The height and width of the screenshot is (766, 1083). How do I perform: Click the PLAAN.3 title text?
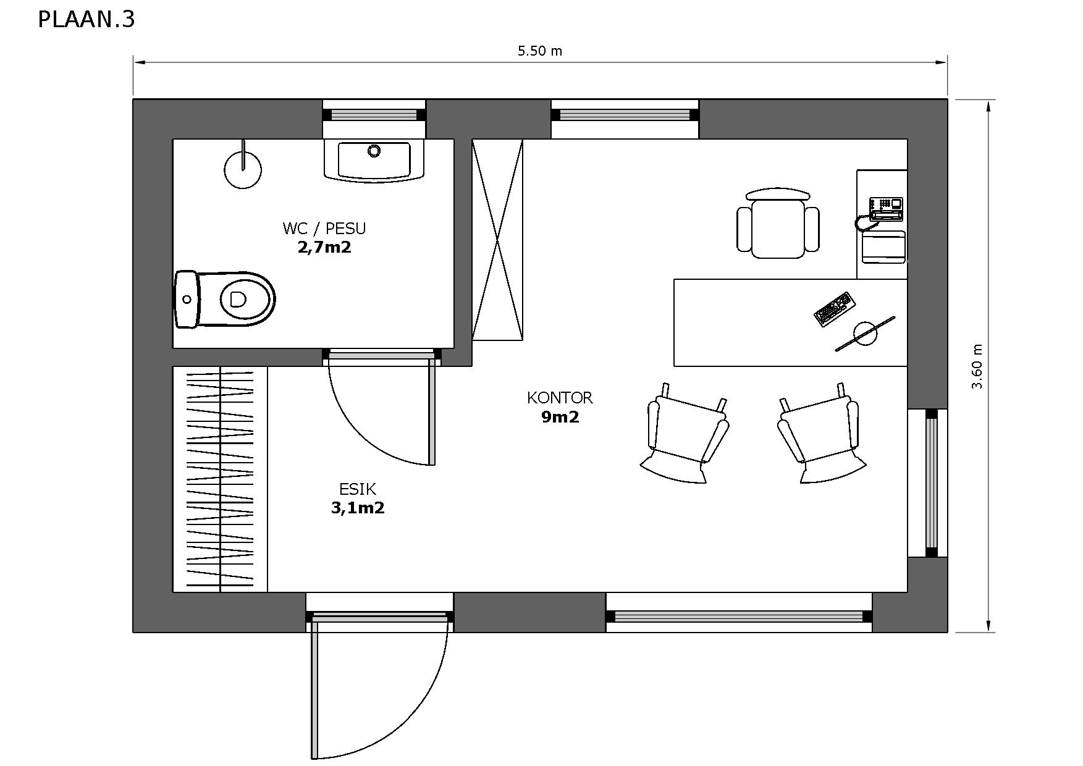point(86,20)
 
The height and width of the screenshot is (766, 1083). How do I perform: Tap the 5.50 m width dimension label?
point(540,51)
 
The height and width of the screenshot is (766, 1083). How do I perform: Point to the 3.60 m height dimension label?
point(977,366)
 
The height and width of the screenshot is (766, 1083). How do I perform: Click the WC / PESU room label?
point(324,229)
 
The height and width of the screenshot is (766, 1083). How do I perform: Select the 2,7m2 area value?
point(324,248)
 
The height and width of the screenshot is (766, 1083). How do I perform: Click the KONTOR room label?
point(560,398)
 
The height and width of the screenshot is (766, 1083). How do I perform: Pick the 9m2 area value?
point(560,417)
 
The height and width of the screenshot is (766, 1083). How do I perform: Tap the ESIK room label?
point(358,489)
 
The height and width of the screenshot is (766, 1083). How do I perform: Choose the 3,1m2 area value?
point(358,508)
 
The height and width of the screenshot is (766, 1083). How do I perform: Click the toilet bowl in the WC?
point(225,299)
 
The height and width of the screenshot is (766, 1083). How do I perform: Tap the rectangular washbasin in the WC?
point(374,160)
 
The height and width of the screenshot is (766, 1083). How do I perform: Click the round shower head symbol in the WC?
point(243,169)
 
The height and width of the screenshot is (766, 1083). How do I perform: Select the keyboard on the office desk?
point(835,309)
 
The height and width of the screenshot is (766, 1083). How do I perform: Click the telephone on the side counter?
point(886,209)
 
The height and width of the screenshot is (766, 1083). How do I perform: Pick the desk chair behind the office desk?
point(778,224)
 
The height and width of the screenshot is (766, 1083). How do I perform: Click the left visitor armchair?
point(685,433)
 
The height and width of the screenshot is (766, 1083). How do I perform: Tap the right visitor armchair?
point(821,433)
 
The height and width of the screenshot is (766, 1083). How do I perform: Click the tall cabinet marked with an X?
point(497,240)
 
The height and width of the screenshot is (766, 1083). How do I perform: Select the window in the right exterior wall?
point(931,483)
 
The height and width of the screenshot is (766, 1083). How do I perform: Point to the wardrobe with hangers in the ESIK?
point(220,479)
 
